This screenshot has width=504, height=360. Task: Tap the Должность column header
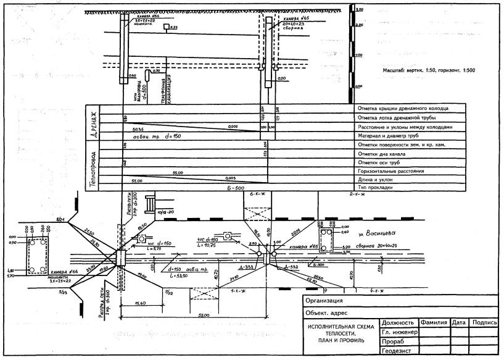coord(397,322)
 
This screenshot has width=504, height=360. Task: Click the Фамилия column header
coord(434,322)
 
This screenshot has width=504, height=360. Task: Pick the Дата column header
coord(458,322)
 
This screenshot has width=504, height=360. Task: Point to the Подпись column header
coord(484,322)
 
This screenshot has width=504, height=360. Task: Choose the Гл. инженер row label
coord(400,332)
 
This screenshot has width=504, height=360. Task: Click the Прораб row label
coord(394,341)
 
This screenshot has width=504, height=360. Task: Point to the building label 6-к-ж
coord(257,195)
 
